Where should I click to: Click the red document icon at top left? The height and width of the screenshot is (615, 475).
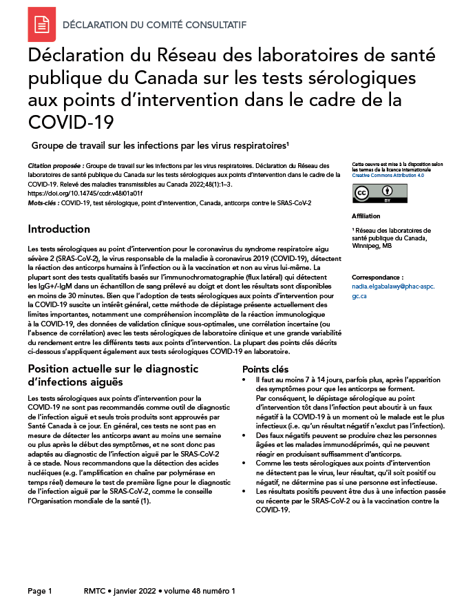point(41,25)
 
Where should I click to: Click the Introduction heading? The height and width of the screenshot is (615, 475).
point(59,229)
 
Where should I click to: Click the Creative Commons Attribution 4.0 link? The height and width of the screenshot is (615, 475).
point(388,176)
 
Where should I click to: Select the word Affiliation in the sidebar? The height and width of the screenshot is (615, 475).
point(366,216)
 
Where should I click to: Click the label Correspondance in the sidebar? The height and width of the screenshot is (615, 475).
point(378,275)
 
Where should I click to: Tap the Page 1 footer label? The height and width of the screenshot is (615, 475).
point(40,591)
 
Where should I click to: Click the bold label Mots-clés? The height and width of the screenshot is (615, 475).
point(43,203)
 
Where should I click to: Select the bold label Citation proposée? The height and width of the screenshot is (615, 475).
point(56,166)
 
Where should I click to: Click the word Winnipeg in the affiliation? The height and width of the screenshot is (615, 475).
point(366,246)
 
